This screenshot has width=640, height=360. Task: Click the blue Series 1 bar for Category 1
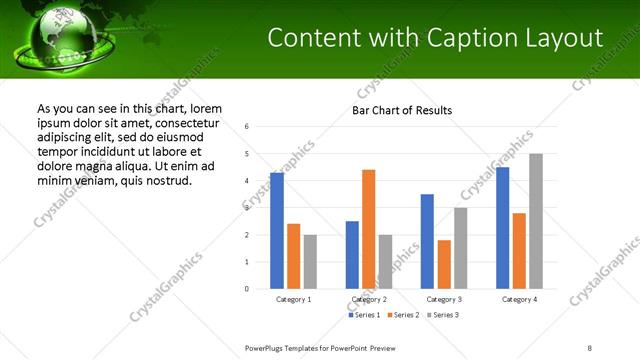click(277, 231)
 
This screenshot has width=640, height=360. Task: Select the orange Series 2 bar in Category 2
click(368, 229)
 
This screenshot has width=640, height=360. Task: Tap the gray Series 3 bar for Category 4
click(536, 221)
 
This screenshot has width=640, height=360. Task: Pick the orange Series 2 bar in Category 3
click(444, 264)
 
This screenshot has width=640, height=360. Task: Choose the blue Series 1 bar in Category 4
click(503, 228)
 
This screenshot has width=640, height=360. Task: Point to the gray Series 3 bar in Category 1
click(310, 262)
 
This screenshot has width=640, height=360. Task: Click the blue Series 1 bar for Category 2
click(352, 255)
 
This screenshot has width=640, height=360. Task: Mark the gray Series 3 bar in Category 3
click(460, 248)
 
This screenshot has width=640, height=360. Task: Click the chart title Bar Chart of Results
click(402, 110)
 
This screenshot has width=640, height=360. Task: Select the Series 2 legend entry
click(402, 315)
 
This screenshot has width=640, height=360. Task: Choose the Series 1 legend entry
click(364, 315)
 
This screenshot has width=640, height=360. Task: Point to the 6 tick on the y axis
click(246, 127)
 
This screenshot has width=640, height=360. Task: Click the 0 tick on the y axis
click(246, 289)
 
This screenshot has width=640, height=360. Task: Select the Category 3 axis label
click(444, 299)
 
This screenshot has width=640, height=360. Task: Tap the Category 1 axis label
click(293, 299)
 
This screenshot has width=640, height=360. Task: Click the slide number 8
click(590, 347)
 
